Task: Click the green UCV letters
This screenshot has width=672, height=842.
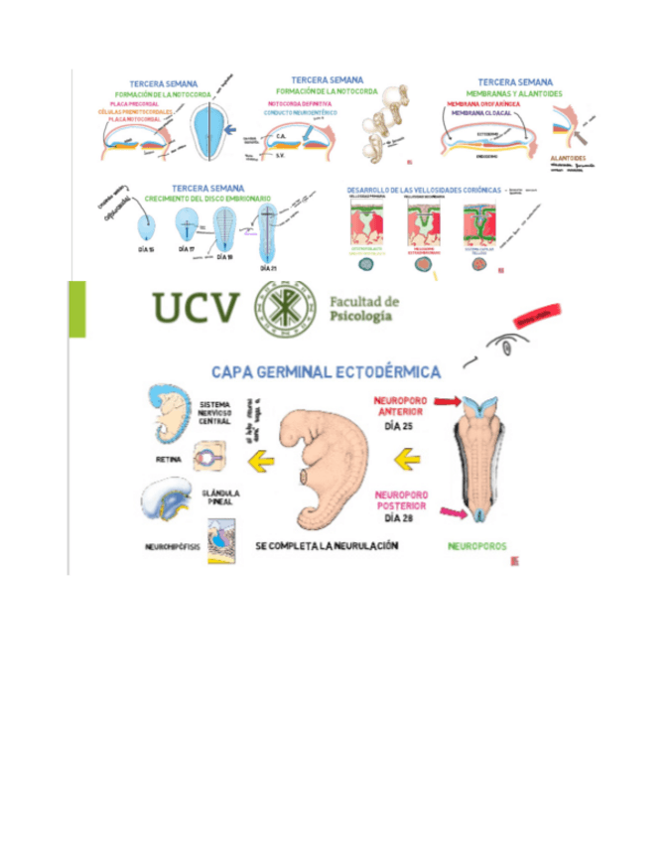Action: (197, 309)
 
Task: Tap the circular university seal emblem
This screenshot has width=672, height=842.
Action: (290, 308)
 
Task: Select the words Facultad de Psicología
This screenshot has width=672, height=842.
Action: (362, 309)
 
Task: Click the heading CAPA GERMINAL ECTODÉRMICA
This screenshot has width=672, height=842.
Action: (327, 371)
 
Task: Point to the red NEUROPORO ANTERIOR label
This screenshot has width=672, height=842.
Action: (399, 407)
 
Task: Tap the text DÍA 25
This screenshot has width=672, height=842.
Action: (399, 427)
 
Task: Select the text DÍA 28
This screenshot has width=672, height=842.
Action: (399, 519)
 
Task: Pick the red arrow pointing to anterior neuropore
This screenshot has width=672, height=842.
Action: (445, 402)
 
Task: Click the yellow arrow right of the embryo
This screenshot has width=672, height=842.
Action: (408, 460)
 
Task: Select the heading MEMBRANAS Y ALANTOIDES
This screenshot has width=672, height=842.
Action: (514, 93)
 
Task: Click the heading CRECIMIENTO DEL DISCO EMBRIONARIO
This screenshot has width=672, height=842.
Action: (207, 199)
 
